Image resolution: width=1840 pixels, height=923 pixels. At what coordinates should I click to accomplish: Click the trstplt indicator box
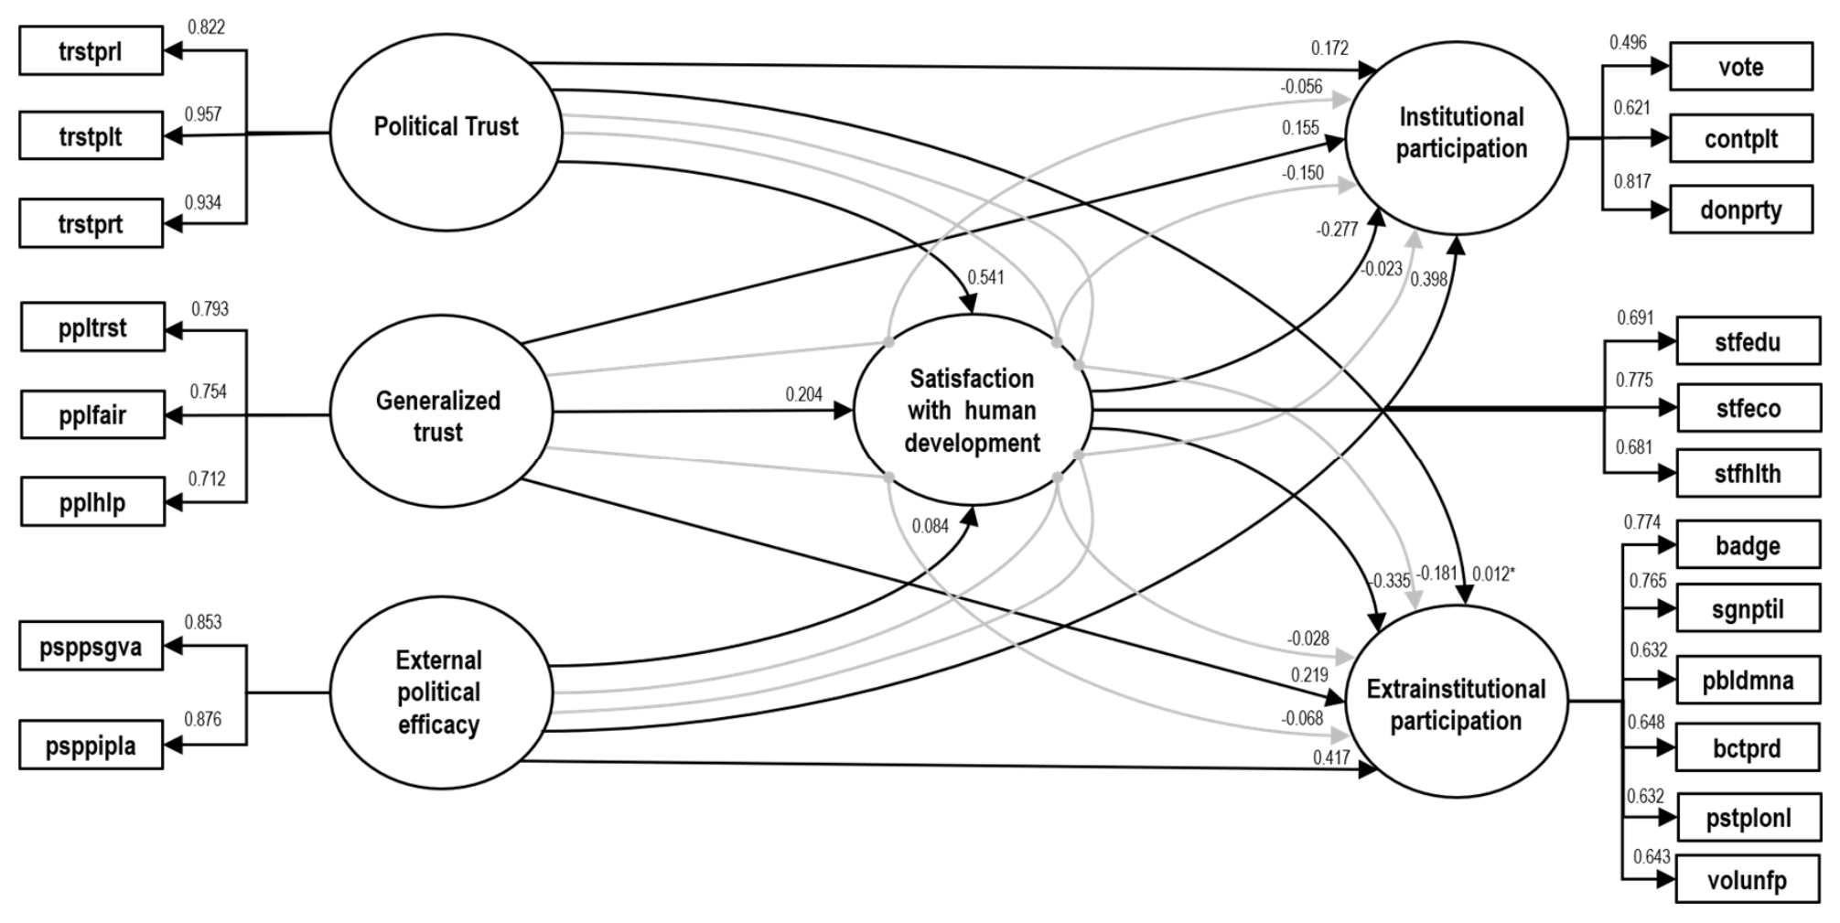pos(91,136)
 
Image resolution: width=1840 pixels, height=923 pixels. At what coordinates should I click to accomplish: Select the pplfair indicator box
pos(92,415)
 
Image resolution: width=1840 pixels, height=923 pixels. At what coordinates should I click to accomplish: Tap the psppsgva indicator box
pos(91,648)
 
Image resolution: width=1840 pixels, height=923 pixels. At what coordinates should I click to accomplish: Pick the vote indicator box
pos(1741,67)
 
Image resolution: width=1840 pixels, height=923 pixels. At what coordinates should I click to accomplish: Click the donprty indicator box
pos(1741,209)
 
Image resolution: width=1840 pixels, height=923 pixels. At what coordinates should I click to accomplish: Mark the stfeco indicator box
pos(1749,408)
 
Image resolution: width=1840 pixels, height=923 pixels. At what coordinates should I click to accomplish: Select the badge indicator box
pos(1749,545)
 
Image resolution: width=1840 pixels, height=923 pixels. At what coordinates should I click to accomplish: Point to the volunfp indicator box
pos(1749,880)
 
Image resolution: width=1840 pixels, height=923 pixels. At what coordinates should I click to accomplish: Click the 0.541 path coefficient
pos(985,277)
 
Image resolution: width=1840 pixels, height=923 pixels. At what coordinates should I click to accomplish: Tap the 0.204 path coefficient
pos(804,394)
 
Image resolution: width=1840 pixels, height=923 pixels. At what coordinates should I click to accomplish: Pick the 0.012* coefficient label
pos(1494,574)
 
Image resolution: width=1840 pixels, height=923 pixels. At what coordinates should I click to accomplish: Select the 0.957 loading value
pos(203,114)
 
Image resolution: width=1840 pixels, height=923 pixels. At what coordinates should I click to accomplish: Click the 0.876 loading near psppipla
pos(203,719)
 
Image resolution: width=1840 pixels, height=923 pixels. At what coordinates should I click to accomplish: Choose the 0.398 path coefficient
pos(1429,279)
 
